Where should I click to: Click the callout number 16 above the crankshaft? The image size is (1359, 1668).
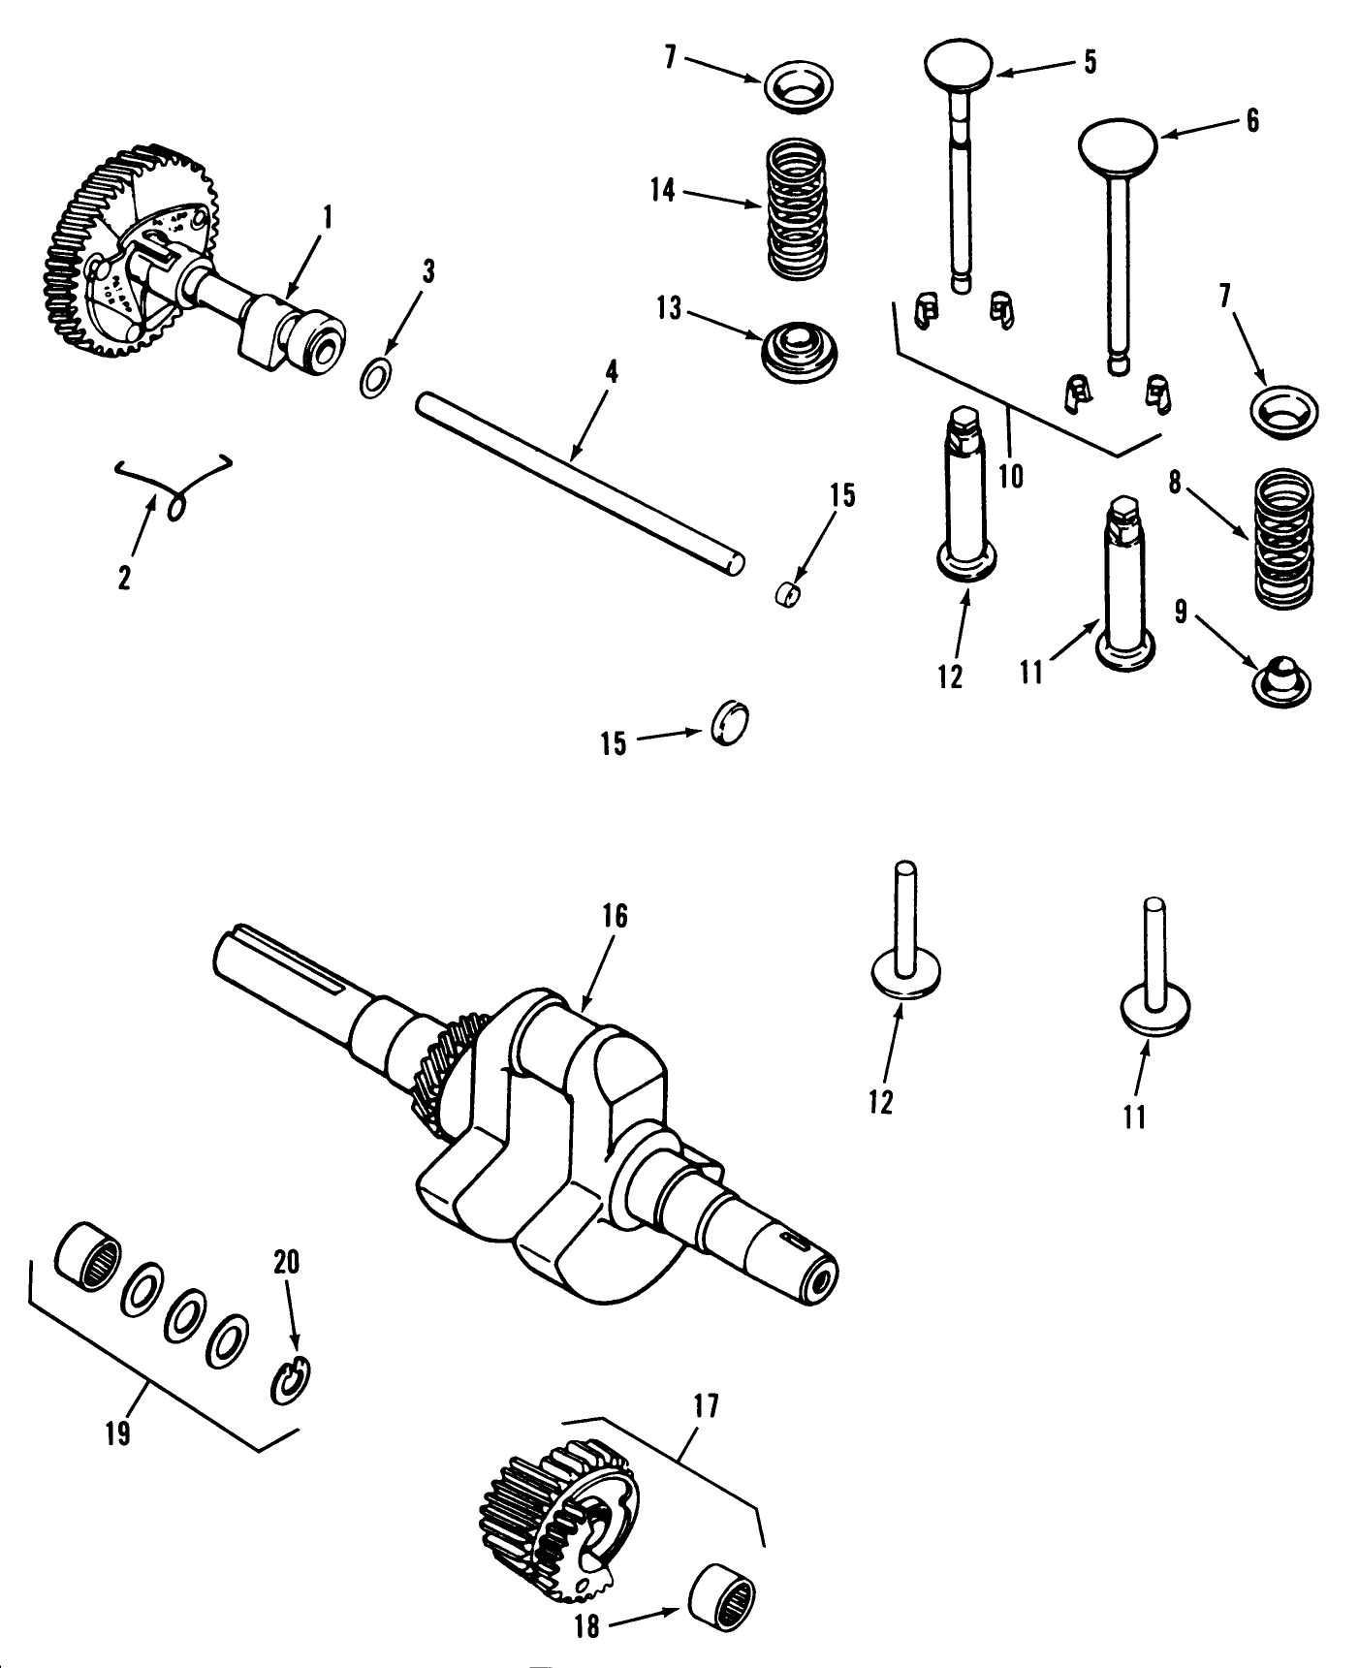tap(615, 916)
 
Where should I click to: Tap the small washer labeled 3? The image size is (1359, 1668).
tap(376, 378)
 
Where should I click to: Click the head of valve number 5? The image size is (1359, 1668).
tap(959, 67)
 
